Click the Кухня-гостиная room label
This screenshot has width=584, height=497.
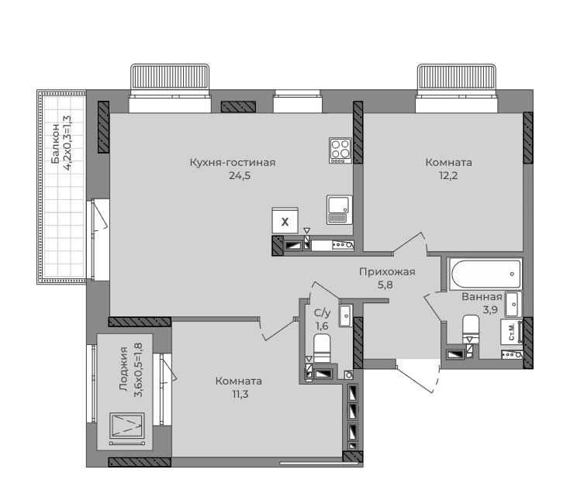point(233,163)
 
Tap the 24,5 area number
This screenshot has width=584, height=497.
point(240,176)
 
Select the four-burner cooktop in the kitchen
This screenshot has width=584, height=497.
point(340,150)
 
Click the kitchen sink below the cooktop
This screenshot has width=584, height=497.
point(339,209)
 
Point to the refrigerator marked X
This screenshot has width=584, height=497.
point(285,221)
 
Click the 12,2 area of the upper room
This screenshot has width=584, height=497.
point(448,176)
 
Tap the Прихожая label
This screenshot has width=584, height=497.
point(387,272)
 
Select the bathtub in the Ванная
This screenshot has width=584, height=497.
point(486,274)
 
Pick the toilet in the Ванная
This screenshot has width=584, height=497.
point(471,328)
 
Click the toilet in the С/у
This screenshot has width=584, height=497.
point(322,347)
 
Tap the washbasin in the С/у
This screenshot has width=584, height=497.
point(346,316)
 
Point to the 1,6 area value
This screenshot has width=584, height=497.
point(322,326)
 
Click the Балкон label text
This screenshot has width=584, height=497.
point(56,143)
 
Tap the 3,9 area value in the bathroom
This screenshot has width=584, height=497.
point(490,309)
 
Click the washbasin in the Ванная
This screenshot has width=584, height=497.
point(513,304)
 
